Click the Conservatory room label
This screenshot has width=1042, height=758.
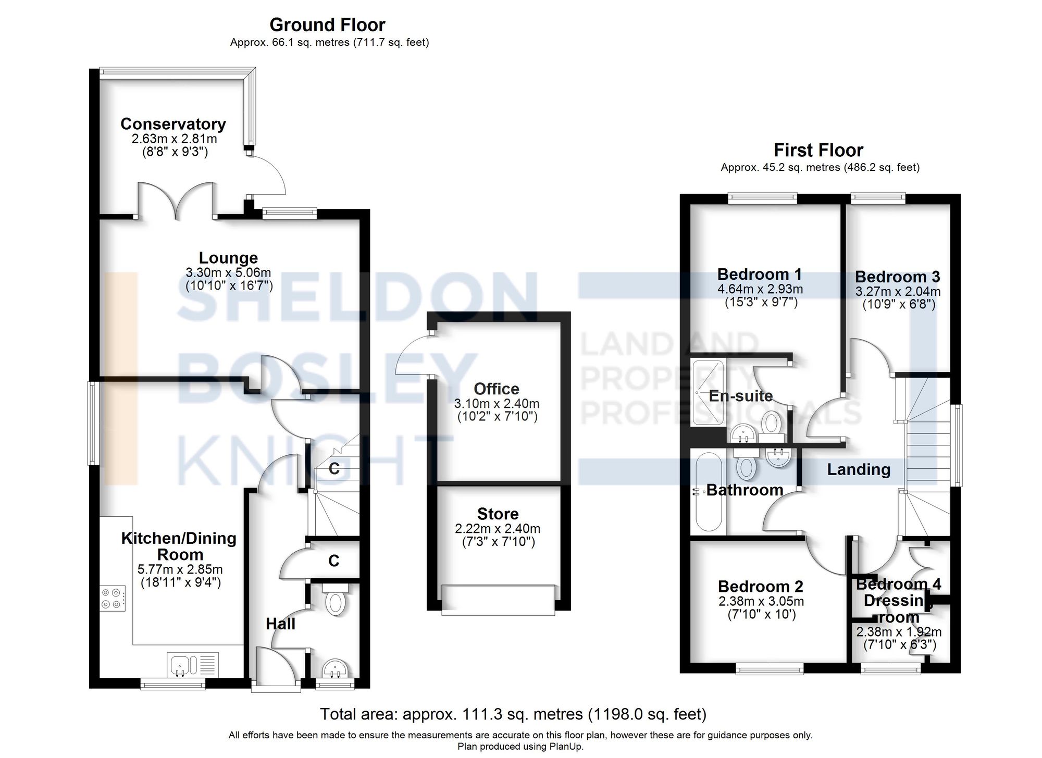(173, 124)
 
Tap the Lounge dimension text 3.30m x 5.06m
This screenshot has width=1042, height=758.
(228, 272)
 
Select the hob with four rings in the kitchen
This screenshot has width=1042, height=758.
(113, 598)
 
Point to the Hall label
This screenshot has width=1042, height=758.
(280, 624)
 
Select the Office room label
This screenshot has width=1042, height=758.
(496, 389)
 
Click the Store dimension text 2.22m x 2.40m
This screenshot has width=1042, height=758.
(498, 529)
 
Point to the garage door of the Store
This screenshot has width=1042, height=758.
(498, 599)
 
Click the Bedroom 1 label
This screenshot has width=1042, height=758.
(759, 274)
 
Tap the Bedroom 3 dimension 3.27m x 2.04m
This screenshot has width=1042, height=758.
(898, 292)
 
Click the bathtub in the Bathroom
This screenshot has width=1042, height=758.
(708, 492)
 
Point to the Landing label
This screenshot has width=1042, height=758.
(859, 469)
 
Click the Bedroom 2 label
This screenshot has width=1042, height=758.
(760, 587)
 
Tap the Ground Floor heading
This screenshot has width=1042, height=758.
(327, 24)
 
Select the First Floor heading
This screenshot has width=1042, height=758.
(818, 150)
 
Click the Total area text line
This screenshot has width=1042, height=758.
(513, 714)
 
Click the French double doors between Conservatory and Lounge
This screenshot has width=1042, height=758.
(176, 201)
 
